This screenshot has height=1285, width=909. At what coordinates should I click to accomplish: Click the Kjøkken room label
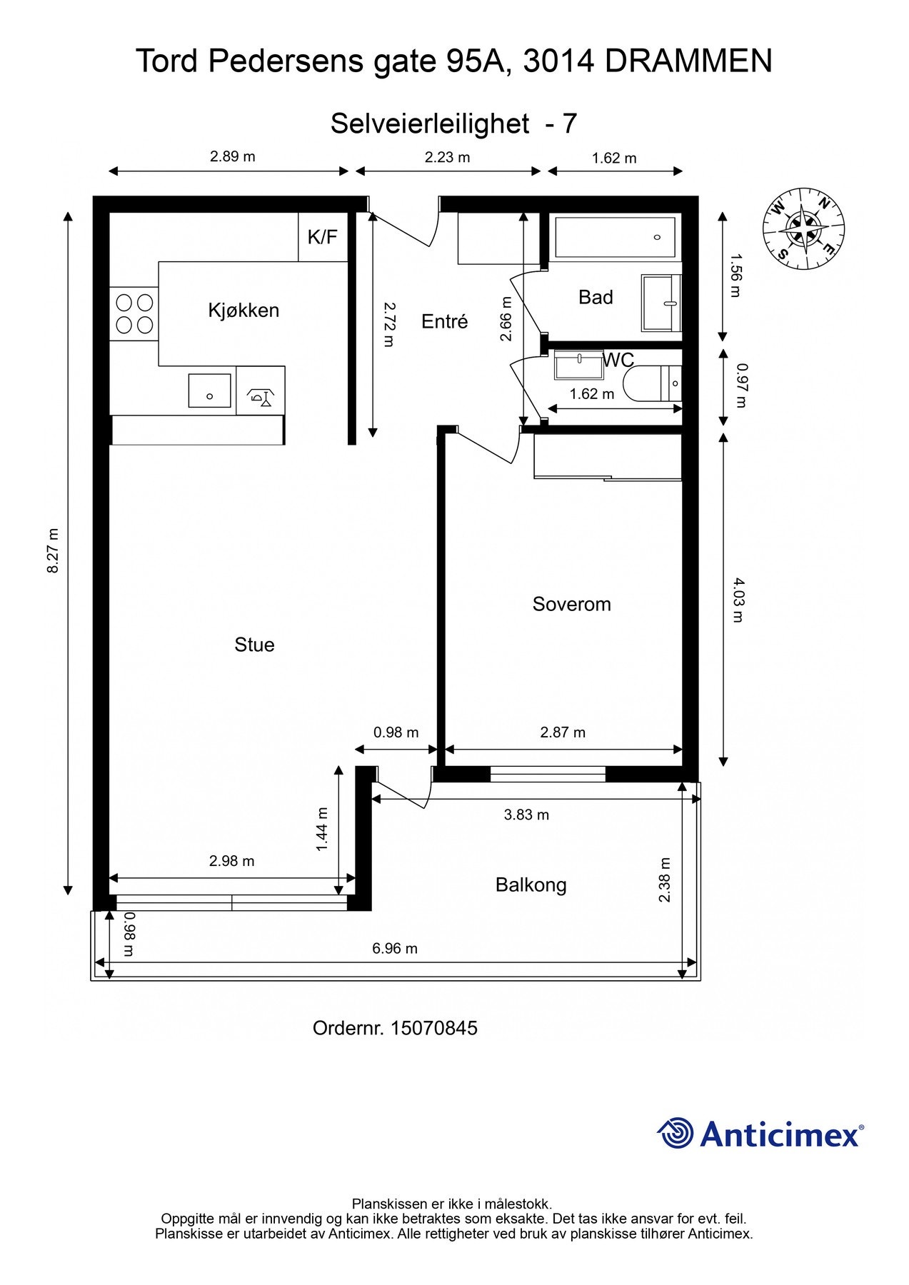coord(243,311)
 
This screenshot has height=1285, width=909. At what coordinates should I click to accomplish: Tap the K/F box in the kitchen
coord(322,237)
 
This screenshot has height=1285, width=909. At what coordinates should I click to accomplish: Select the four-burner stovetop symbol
coord(134,313)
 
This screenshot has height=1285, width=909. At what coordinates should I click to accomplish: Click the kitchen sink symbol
coord(209,390)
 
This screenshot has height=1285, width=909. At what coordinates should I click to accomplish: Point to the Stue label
coord(254,645)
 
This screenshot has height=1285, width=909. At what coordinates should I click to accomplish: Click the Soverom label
coord(571,605)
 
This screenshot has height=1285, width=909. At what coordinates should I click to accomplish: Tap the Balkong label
coord(531,885)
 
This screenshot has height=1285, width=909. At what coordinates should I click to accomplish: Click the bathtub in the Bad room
coord(615,237)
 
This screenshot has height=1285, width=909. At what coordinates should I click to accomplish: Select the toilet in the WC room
coord(653,384)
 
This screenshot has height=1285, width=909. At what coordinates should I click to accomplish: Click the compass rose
coord(803,229)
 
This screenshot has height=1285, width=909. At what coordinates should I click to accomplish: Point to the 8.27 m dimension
coord(53,550)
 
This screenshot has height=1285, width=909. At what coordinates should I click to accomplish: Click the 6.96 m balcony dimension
coord(394,949)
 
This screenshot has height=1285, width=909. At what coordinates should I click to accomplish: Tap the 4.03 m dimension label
coord(738,600)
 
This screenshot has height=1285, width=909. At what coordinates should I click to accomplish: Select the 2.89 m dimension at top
coord(232,157)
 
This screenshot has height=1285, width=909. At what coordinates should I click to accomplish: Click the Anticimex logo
coord(760,1133)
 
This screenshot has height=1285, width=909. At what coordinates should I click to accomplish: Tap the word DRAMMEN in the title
coord(688,61)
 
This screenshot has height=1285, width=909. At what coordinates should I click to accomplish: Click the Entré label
coord(444,322)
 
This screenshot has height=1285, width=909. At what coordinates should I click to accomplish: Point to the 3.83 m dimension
coord(526,815)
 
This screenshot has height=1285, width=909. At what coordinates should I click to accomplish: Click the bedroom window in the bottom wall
coord(548,774)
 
